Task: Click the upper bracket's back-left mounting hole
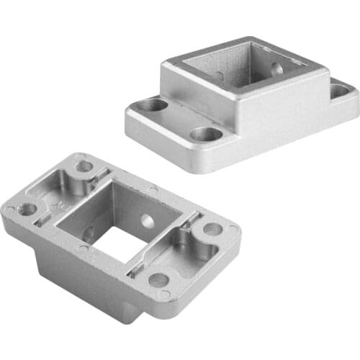[x=153, y=105]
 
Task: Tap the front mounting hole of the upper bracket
[x=207, y=134]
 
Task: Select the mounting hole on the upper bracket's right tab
[x=339, y=91]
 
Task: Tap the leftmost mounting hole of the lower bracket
[x=28, y=210]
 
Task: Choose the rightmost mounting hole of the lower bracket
[x=212, y=229]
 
